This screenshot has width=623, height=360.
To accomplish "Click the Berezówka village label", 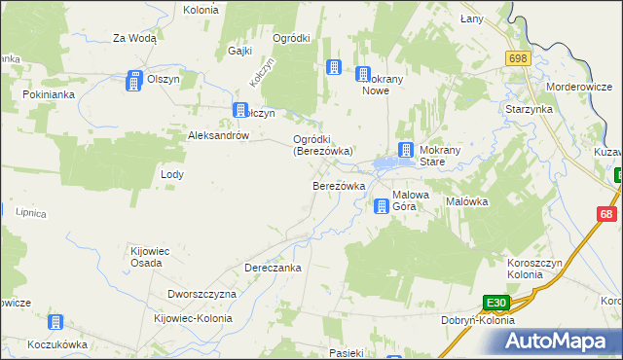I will (x=338, y=186).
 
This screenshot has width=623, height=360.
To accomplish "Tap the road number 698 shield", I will (x=517, y=59).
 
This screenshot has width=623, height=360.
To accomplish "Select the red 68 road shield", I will (x=606, y=214).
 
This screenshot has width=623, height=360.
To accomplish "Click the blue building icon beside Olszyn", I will (x=133, y=83).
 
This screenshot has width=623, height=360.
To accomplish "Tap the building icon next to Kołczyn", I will (x=238, y=112).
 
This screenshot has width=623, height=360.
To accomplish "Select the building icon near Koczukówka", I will (x=56, y=323).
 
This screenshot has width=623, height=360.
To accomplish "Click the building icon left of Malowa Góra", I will (x=382, y=205).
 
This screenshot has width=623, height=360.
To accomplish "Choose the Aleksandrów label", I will (x=219, y=136).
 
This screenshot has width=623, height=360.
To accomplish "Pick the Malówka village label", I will (x=466, y=201).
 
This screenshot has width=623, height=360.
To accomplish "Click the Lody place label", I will (x=171, y=174).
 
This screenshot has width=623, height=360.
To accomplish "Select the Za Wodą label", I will (x=134, y=38).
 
